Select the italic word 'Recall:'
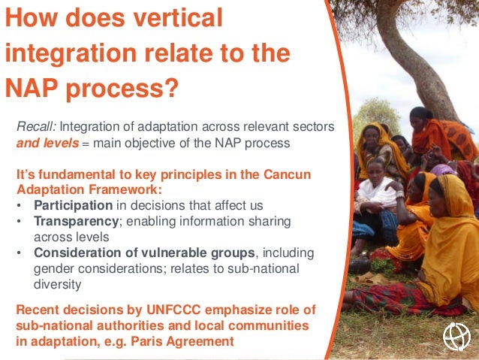pyautogui.click(x=35, y=126)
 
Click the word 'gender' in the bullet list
pyautogui.click(x=54, y=268)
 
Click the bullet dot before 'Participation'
pyautogui.click(x=19, y=205)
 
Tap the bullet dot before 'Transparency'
pyautogui.click(x=19, y=221)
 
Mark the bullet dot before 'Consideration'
pyautogui.click(x=19, y=253)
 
